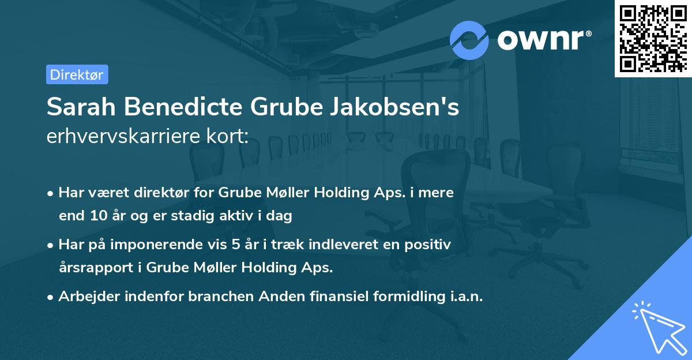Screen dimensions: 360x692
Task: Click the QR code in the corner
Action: pyautogui.click(x=653, y=39)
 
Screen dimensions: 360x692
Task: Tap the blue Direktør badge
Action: pyautogui.click(x=77, y=74)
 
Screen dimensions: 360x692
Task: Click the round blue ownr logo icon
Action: pyautogui.click(x=469, y=40)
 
